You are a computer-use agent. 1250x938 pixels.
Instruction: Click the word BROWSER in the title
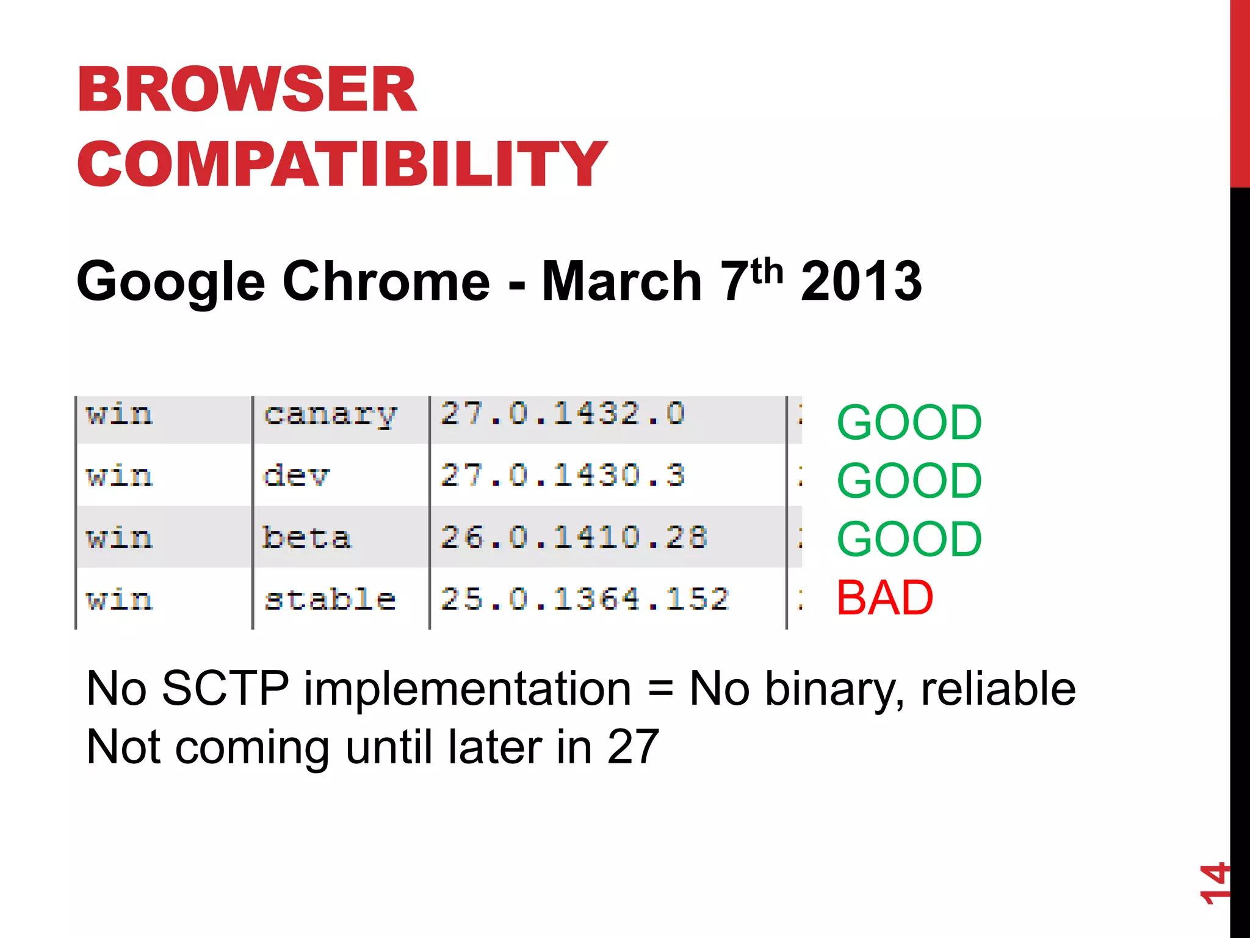tap(247, 90)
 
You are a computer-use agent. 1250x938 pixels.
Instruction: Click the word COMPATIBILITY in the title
tap(342, 164)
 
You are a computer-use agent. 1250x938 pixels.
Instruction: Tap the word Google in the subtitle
tap(171, 282)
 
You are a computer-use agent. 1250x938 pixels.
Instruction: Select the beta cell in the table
tap(306, 538)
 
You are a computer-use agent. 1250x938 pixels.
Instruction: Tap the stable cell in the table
tap(330, 600)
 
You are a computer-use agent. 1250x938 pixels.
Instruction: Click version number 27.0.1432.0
tap(563, 415)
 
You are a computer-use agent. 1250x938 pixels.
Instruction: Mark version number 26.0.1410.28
tap(574, 538)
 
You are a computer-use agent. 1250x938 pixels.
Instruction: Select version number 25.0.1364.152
tap(585, 600)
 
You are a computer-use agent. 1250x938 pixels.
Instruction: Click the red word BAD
tap(884, 598)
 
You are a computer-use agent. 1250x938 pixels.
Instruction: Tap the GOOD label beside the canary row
tap(909, 423)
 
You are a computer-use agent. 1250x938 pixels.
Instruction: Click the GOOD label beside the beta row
tap(909, 539)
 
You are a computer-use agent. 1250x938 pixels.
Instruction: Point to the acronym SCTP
tap(225, 689)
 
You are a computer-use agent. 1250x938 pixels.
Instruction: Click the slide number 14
tap(1213, 883)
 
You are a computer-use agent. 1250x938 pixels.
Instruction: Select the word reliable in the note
tap(998, 689)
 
